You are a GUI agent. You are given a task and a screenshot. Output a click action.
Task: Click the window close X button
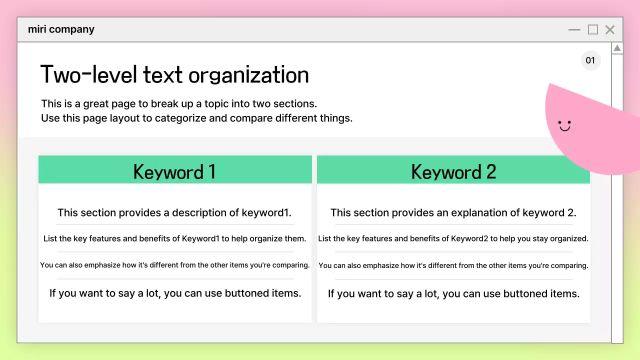tap(610, 30)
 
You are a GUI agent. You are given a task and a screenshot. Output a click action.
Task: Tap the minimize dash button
tap(574, 30)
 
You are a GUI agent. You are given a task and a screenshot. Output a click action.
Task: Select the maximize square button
tap(593, 30)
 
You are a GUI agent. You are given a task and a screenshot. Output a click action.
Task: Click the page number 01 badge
tap(590, 60)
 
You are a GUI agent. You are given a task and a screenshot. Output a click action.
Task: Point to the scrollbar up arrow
tap(617, 48)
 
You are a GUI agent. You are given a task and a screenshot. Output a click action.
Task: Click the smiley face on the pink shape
tap(564, 125)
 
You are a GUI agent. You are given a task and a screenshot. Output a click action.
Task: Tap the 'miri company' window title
tap(61, 29)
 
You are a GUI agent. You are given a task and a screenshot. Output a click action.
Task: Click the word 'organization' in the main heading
tap(248, 75)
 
